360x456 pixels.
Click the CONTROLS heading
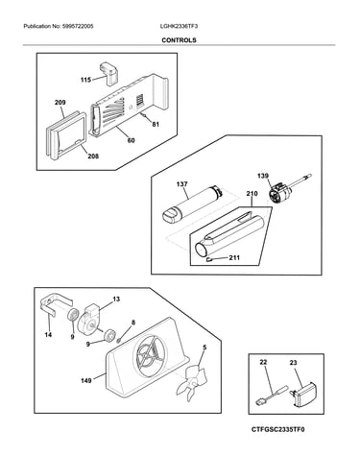click(x=179, y=40)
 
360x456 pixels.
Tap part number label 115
click(x=85, y=80)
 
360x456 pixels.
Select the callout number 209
click(x=60, y=103)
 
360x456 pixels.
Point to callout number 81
click(x=156, y=125)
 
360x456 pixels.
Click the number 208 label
click(x=93, y=156)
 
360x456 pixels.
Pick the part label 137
click(x=181, y=184)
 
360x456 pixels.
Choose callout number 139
click(x=263, y=176)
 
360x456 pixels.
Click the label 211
click(x=234, y=257)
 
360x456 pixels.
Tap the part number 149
click(x=85, y=380)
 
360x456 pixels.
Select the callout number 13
click(x=116, y=300)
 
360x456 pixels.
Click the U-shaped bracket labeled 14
click(x=55, y=304)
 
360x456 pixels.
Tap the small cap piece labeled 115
click(x=109, y=73)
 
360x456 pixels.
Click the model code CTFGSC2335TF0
click(x=277, y=429)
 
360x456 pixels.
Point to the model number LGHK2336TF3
click(x=179, y=26)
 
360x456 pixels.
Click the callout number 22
click(x=263, y=362)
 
